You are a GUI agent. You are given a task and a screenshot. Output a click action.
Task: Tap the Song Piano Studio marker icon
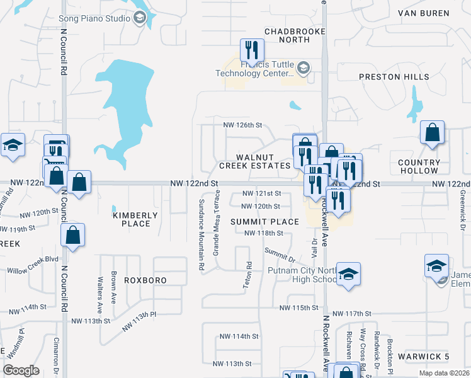point(140,19)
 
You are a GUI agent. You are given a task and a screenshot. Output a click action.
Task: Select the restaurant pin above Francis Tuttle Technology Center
point(252,49)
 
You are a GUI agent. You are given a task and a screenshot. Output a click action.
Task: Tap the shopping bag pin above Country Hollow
point(432,133)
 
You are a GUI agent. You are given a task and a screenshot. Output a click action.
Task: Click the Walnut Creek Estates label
point(254,161)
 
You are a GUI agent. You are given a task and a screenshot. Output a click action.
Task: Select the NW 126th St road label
point(242,125)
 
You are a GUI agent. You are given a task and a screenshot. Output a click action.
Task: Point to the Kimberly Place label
point(132,219)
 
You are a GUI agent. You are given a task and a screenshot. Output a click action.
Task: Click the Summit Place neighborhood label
point(264,222)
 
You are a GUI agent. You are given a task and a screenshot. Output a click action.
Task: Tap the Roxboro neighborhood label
point(145,280)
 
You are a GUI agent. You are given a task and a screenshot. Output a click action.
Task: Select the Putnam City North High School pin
point(348,274)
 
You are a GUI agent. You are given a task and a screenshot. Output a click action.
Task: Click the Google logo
point(21,370)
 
